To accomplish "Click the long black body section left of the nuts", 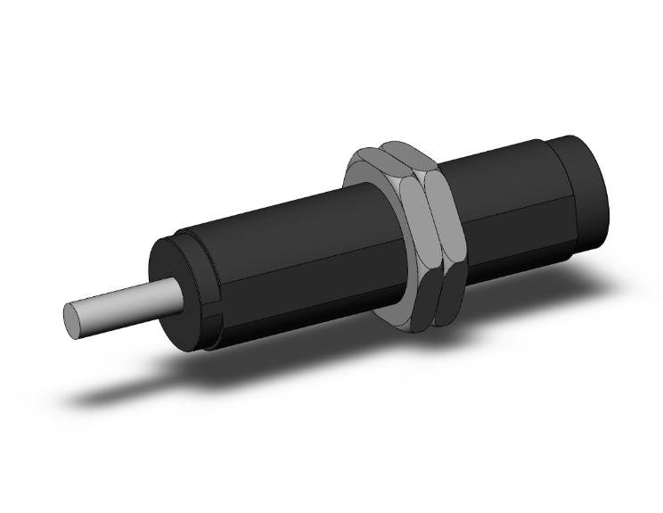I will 285,259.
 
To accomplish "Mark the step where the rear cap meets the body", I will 558,178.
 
